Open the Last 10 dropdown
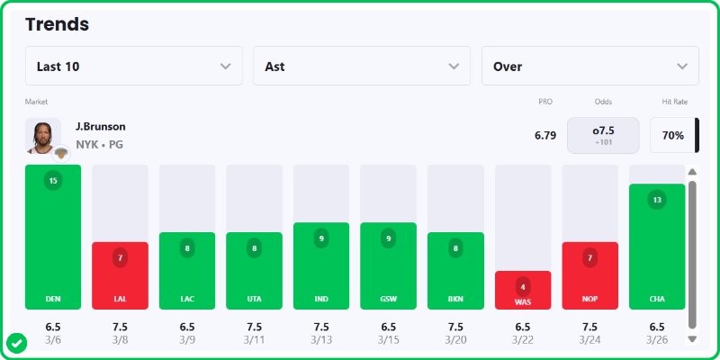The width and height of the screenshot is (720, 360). (x=133, y=66)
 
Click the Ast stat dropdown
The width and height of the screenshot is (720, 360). (x=362, y=66)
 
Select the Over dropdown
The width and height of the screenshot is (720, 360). (x=589, y=66)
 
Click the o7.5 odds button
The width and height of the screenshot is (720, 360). (x=603, y=135)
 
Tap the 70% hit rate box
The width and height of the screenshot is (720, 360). (x=672, y=135)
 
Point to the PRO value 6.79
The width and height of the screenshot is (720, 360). (x=545, y=135)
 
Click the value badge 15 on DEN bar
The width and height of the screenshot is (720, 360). (x=53, y=180)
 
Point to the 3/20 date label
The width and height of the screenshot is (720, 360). (x=455, y=340)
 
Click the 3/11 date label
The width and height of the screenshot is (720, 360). (x=254, y=340)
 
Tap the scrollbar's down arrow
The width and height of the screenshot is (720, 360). (x=692, y=339)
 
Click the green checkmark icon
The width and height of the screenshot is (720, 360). (x=16, y=343)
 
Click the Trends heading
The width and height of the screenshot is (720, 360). (x=57, y=24)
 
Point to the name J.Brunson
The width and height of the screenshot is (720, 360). (x=101, y=127)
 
